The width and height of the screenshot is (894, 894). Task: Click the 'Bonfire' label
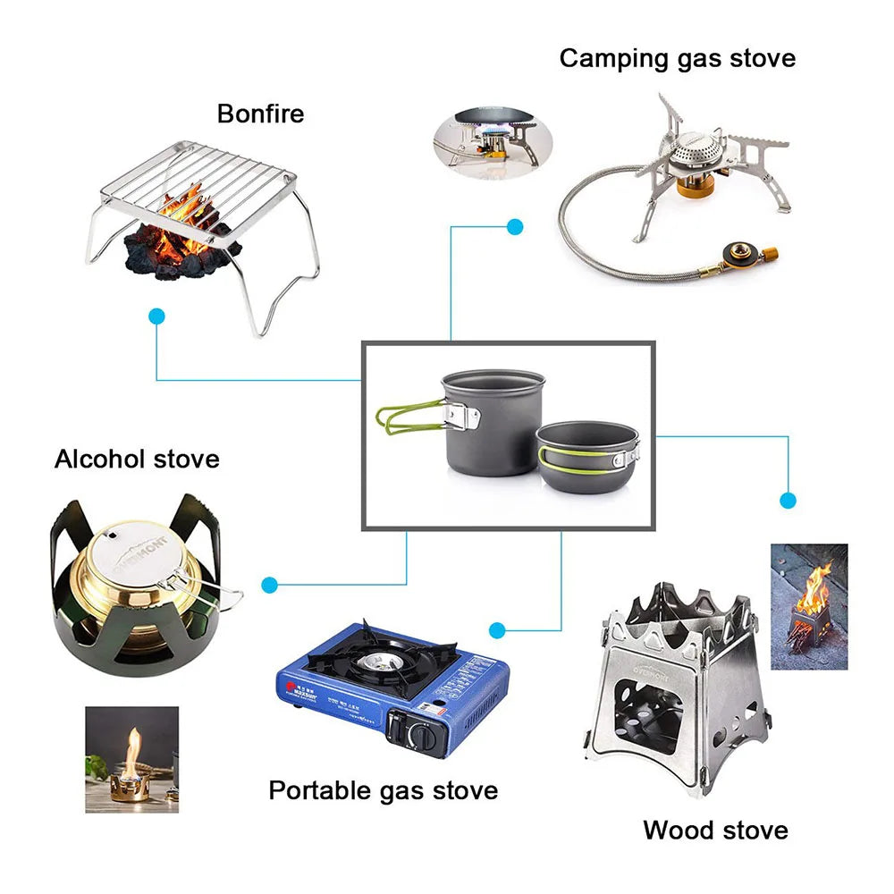pyautogui.click(x=260, y=114)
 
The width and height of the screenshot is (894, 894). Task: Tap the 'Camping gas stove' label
pyautogui.click(x=677, y=58)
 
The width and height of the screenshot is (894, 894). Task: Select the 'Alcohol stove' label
pyautogui.click(x=137, y=459)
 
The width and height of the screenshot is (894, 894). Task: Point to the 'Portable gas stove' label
pyautogui.click(x=384, y=790)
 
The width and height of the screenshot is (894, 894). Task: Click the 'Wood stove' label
pyautogui.click(x=715, y=830)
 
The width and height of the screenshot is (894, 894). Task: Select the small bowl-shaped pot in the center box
pyautogui.click(x=588, y=457)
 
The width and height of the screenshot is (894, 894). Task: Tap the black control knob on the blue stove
pyautogui.click(x=419, y=735)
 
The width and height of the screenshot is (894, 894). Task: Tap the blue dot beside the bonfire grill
pyautogui.click(x=157, y=316)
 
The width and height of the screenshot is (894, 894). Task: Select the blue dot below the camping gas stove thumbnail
pyautogui.click(x=515, y=226)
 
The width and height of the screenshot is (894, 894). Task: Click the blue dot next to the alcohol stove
pyautogui.click(x=269, y=585)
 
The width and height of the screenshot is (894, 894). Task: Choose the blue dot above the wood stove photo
pyautogui.click(x=788, y=500)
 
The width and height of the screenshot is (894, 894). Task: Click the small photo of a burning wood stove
pyautogui.click(x=809, y=606)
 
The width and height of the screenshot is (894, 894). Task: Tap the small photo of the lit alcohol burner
pyautogui.click(x=131, y=760)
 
